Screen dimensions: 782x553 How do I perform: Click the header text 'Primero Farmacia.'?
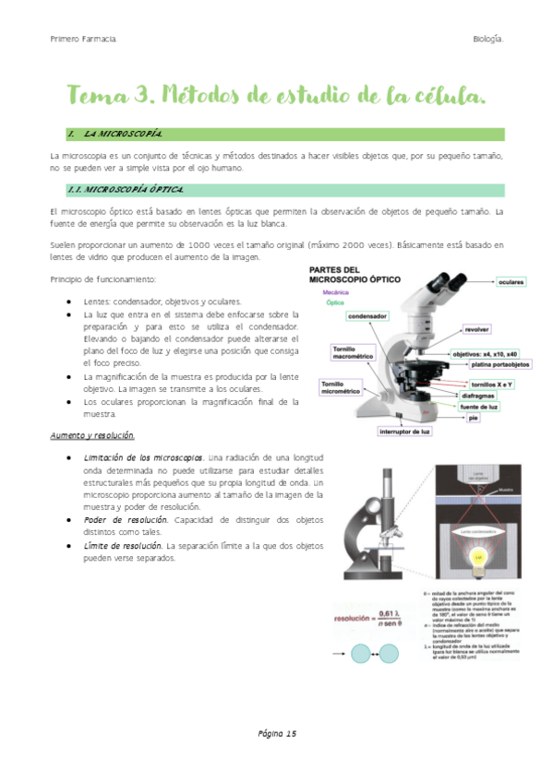click(x=83, y=39)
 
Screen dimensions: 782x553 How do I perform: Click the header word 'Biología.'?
click(x=487, y=39)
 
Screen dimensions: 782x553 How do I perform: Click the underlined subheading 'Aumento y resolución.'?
click(x=92, y=434)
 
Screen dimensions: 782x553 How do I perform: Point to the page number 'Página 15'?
click(x=276, y=733)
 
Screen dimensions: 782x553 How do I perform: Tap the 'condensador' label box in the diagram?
click(x=367, y=316)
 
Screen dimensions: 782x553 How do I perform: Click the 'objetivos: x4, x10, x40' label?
click(x=485, y=353)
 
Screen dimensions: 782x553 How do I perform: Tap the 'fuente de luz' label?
click(x=480, y=407)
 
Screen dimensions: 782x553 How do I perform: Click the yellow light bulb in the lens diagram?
click(x=480, y=557)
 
